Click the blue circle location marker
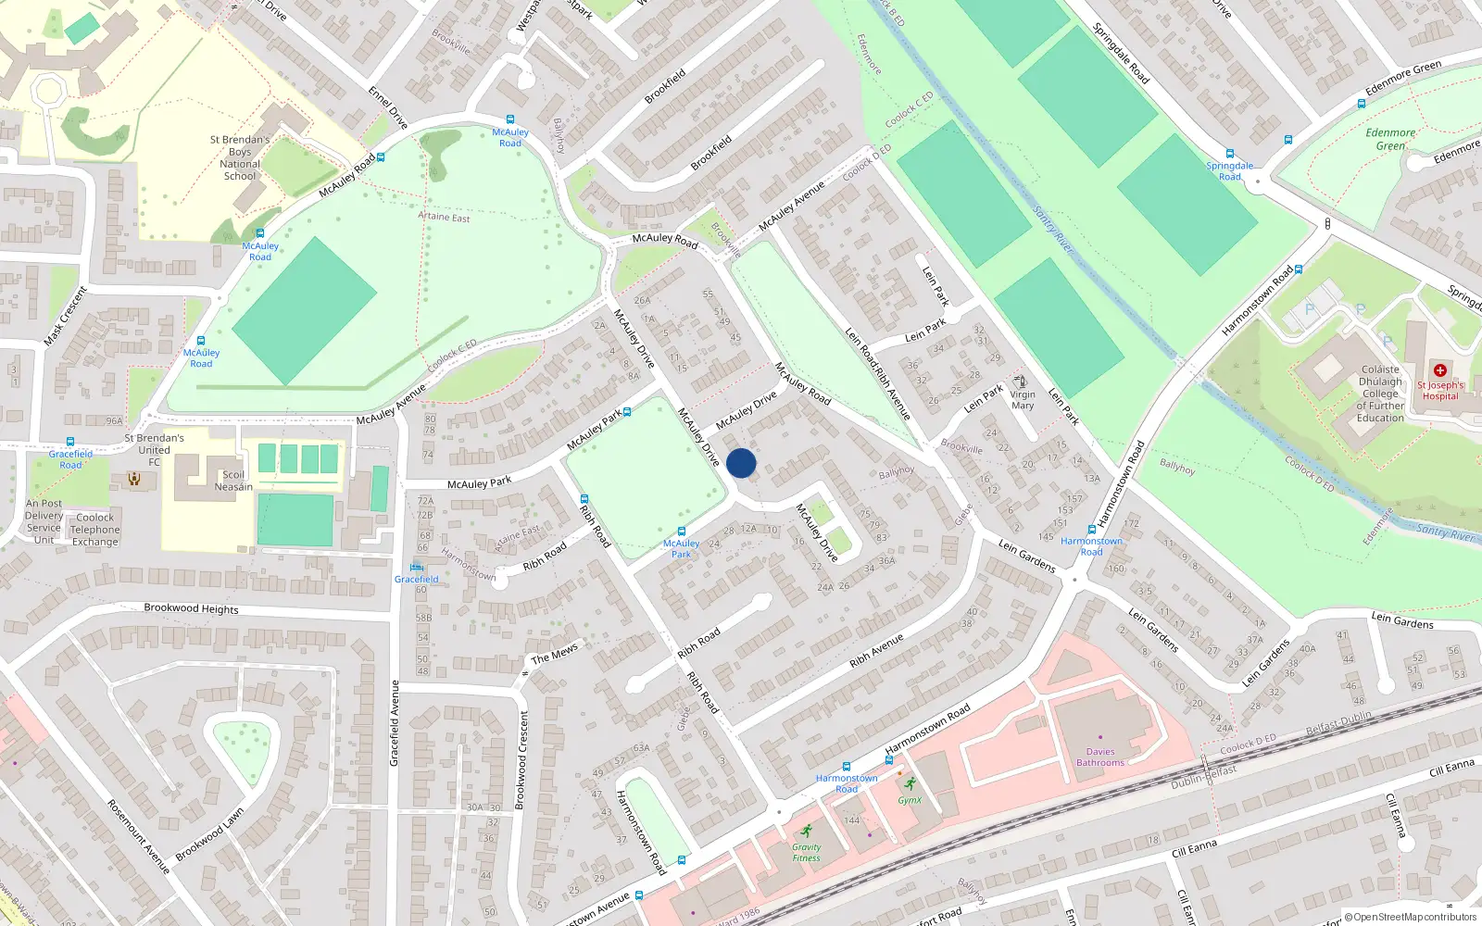click(741, 463)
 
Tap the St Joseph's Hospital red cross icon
click(1439, 370)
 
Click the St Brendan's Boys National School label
click(240, 157)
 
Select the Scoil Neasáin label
click(233, 481)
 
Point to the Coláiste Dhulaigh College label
click(1380, 394)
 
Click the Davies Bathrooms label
click(1100, 757)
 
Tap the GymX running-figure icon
click(910, 783)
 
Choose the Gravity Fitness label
click(806, 853)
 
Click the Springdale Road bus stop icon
click(1230, 154)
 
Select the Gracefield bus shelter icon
click(416, 567)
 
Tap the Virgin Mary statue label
click(1023, 400)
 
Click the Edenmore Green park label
click(1390, 139)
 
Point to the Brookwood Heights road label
click(191, 608)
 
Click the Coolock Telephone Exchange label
click(95, 530)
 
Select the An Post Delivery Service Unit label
click(44, 521)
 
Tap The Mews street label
click(554, 654)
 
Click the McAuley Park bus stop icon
click(681, 532)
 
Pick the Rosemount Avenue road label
click(139, 836)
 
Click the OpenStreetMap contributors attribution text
click(1410, 917)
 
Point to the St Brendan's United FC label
click(154, 449)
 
